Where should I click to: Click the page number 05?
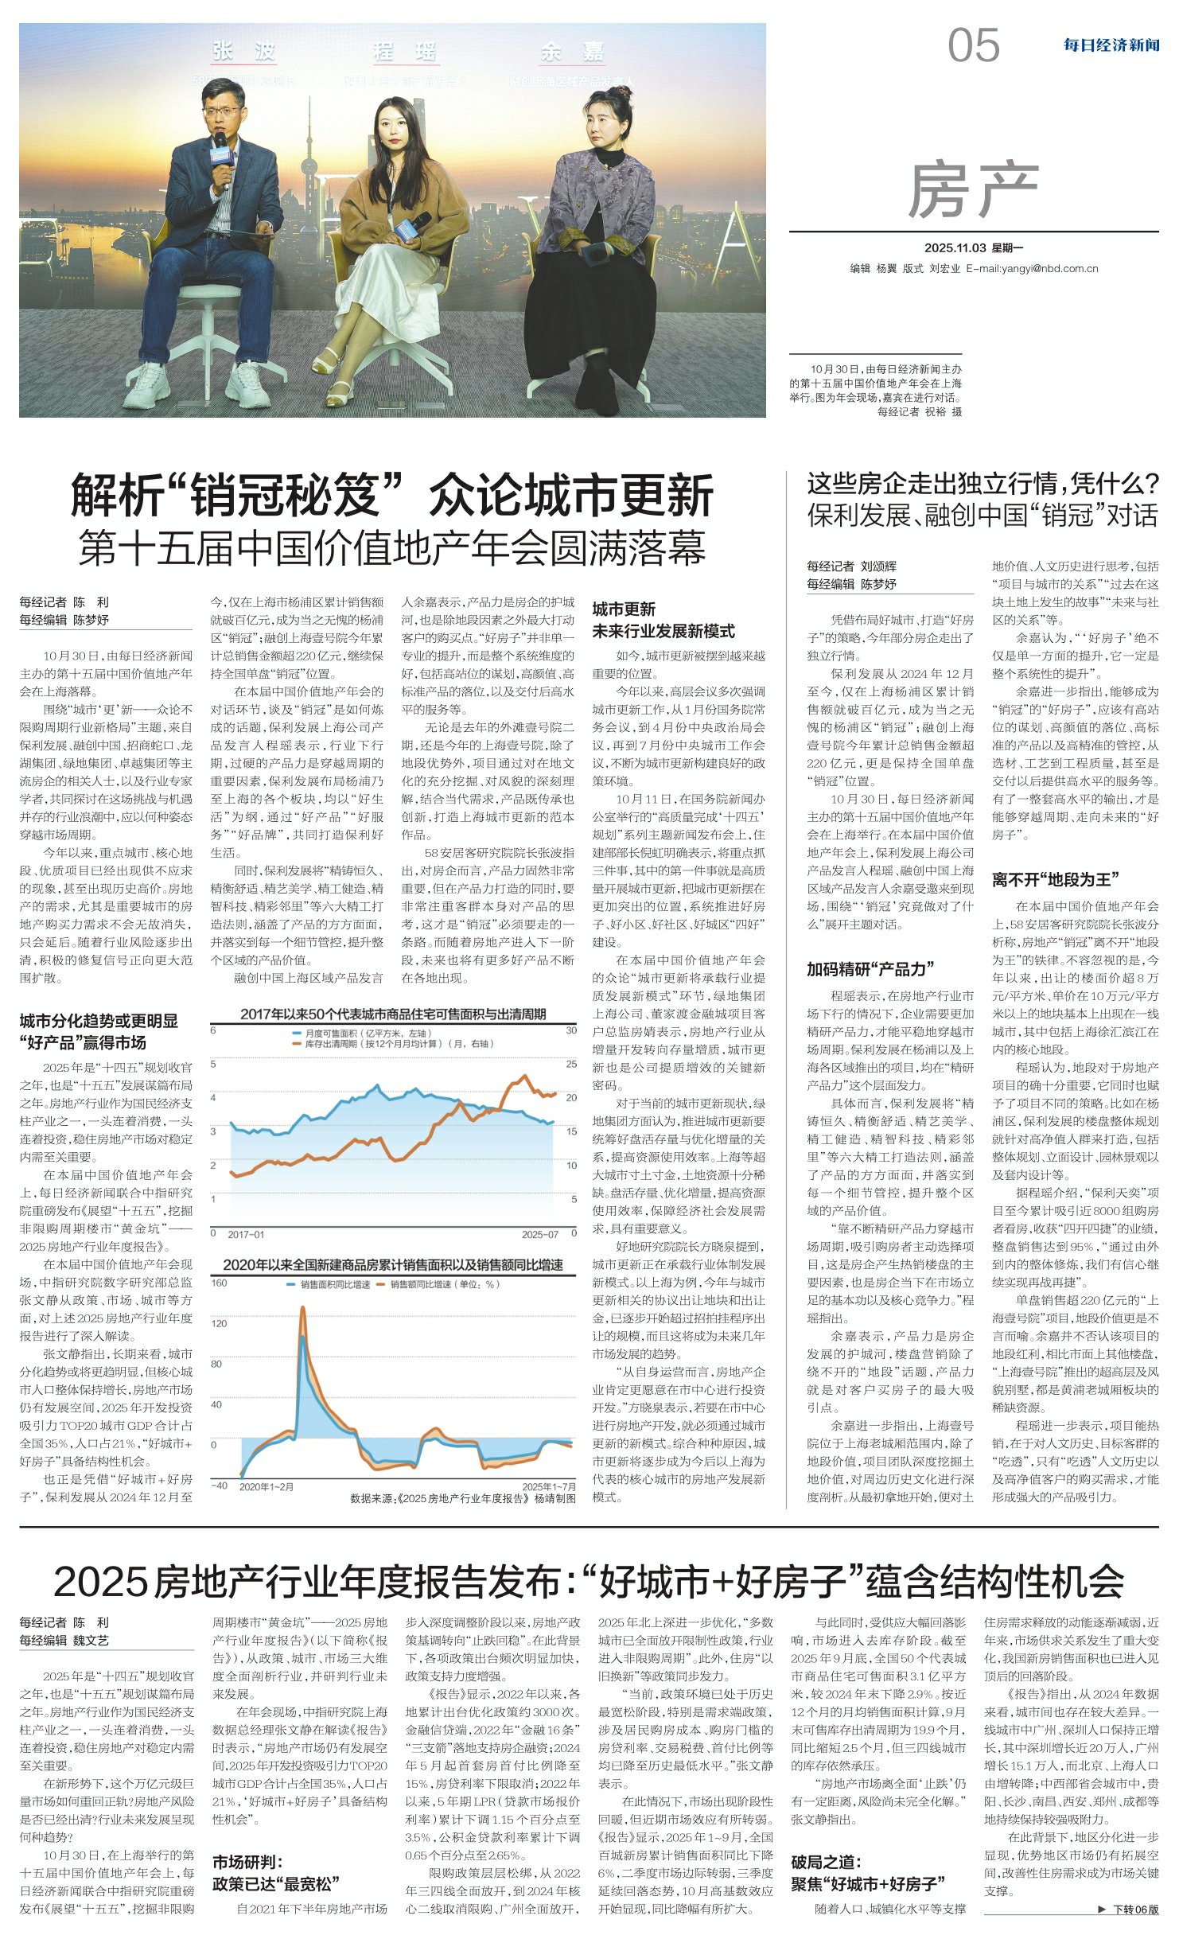(973, 45)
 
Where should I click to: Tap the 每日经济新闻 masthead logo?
(1111, 45)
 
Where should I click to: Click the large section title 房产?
(973, 191)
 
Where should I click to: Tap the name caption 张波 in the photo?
(243, 53)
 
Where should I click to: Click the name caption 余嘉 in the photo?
(572, 53)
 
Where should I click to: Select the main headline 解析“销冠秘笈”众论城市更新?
(392, 496)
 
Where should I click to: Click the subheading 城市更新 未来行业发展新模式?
(663, 620)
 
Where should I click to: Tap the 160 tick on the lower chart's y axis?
(219, 1283)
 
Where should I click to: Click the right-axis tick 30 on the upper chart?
(571, 1030)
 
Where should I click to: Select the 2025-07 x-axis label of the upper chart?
(540, 1234)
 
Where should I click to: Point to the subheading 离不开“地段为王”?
(1055, 879)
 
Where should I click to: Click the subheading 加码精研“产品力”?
(870, 969)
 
